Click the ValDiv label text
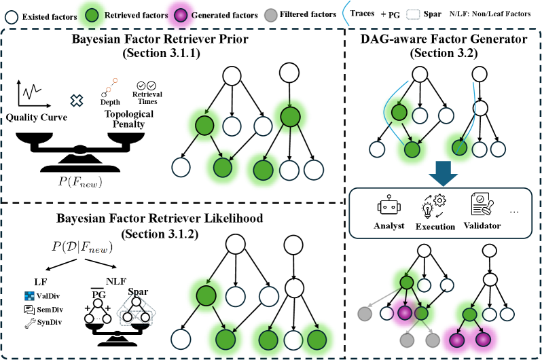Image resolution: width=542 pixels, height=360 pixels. click(x=48, y=296)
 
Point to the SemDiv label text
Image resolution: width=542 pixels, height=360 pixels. click(x=48, y=310)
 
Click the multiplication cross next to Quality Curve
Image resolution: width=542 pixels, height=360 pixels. click(x=77, y=100)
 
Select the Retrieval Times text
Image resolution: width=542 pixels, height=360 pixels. click(x=147, y=97)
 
